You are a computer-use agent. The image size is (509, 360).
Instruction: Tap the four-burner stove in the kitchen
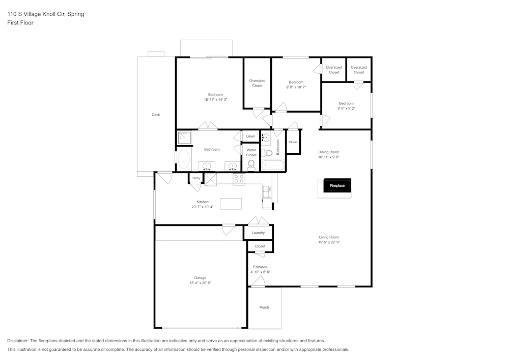(239, 179)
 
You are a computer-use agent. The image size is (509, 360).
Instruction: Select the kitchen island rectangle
(231, 204)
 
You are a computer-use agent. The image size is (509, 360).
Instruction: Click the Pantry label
(196, 178)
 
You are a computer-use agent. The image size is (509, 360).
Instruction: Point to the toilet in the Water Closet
(250, 165)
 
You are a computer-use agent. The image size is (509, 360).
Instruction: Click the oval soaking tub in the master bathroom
(183, 159)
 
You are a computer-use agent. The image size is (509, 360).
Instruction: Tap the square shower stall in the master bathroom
(184, 137)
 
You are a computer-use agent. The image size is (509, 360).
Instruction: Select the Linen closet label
(250, 136)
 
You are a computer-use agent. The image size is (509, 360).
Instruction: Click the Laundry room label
(258, 233)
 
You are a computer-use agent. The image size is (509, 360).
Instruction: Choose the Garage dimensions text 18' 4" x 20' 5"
(200, 283)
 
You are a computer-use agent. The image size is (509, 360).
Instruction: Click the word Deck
(156, 115)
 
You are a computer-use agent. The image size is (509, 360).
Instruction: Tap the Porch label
(264, 307)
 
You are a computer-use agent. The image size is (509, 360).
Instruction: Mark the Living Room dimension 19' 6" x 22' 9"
(329, 242)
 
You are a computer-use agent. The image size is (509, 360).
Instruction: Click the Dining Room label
(328, 152)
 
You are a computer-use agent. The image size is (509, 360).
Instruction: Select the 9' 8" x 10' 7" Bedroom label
(296, 87)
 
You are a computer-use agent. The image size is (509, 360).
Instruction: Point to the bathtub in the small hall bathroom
(272, 165)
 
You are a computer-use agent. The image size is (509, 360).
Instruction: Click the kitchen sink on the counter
(267, 192)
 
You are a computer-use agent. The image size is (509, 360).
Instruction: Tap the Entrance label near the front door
(260, 267)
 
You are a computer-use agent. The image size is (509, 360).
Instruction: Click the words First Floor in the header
(20, 23)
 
